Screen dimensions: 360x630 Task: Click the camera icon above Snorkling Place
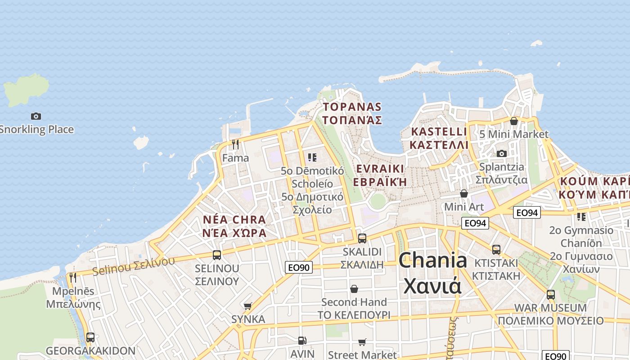tap(36, 116)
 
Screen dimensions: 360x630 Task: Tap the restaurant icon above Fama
tap(235, 144)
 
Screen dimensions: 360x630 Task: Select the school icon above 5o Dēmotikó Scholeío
tap(312, 157)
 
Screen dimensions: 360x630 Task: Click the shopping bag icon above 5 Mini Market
tap(513, 121)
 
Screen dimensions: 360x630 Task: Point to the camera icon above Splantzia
tap(502, 154)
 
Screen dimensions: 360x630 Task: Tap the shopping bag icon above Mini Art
tap(464, 193)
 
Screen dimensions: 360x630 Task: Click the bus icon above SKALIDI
tap(362, 238)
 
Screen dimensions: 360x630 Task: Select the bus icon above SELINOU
tap(217, 255)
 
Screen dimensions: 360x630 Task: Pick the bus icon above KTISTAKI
tap(496, 249)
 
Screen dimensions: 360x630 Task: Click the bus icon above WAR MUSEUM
tap(550, 295)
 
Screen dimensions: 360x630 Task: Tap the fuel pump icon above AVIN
tap(302, 341)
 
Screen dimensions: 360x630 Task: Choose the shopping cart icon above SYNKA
tap(247, 306)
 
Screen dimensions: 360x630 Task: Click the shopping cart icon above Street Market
tap(362, 342)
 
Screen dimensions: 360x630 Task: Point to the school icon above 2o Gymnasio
tap(581, 217)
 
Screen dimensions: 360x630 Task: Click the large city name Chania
tap(432, 260)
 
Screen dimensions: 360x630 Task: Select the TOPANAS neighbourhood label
tap(352, 107)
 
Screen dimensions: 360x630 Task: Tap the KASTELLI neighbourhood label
tap(439, 132)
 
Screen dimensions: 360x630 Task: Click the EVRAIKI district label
tap(380, 169)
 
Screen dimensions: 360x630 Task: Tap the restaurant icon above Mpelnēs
tap(73, 277)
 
